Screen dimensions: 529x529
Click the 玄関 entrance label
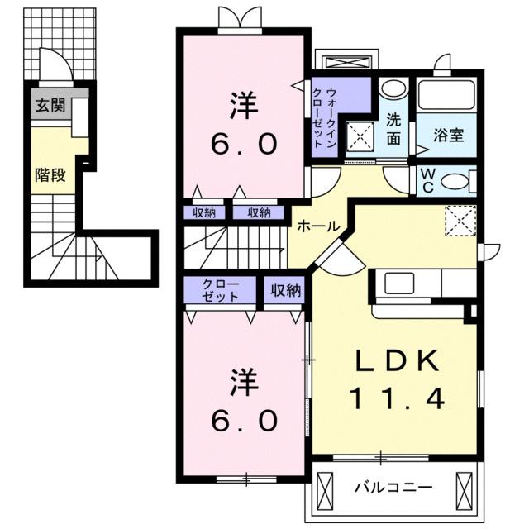click(45, 106)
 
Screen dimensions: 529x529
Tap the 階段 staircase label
click(50, 174)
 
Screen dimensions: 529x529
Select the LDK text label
click(396, 363)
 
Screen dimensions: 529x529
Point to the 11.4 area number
click(396, 399)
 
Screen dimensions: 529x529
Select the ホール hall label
click(315, 225)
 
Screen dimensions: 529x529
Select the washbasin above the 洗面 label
click(395, 89)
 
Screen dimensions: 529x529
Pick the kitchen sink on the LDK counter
click(391, 283)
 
